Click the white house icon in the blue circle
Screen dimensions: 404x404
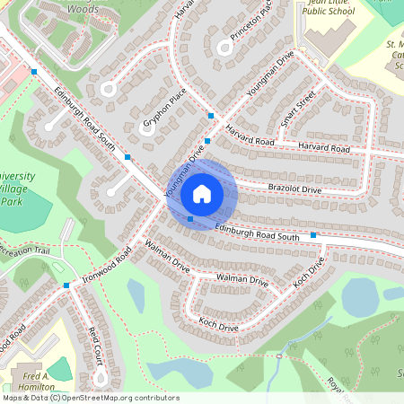(x=201, y=193)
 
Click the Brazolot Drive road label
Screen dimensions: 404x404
(x=294, y=189)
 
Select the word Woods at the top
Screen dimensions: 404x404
(x=82, y=7)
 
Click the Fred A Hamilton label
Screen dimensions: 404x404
(x=36, y=381)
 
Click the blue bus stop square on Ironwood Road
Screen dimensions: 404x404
(x=66, y=285)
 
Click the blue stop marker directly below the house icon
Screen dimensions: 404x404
(x=190, y=218)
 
